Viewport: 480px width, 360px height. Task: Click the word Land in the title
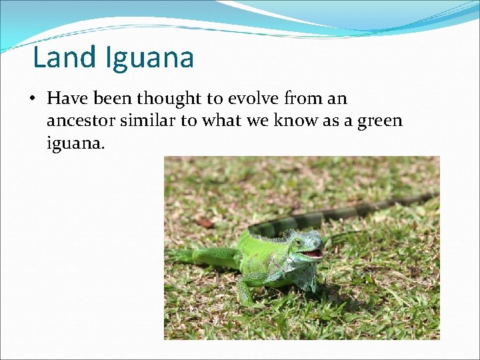pyautogui.click(x=65, y=57)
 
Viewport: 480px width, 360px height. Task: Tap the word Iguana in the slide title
pyautogui.click(x=149, y=59)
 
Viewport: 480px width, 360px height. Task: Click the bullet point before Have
pyautogui.click(x=33, y=99)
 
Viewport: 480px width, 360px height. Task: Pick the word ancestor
pyautogui.click(x=79, y=121)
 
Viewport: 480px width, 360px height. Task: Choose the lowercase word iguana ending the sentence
pyautogui.click(x=74, y=143)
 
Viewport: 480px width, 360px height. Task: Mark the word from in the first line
pyautogui.click(x=302, y=99)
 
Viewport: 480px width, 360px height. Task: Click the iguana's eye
pyautogui.click(x=297, y=242)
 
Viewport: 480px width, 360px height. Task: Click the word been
pyautogui.click(x=113, y=99)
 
